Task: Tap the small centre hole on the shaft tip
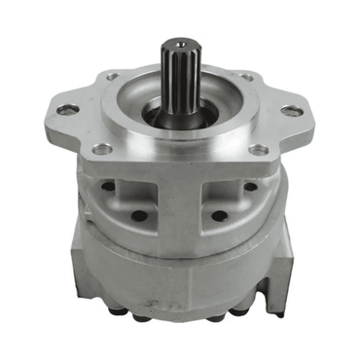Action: point(181,44)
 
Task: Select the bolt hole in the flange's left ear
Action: point(67,110)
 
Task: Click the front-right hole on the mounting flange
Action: point(258,150)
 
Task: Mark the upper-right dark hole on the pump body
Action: point(250,185)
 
